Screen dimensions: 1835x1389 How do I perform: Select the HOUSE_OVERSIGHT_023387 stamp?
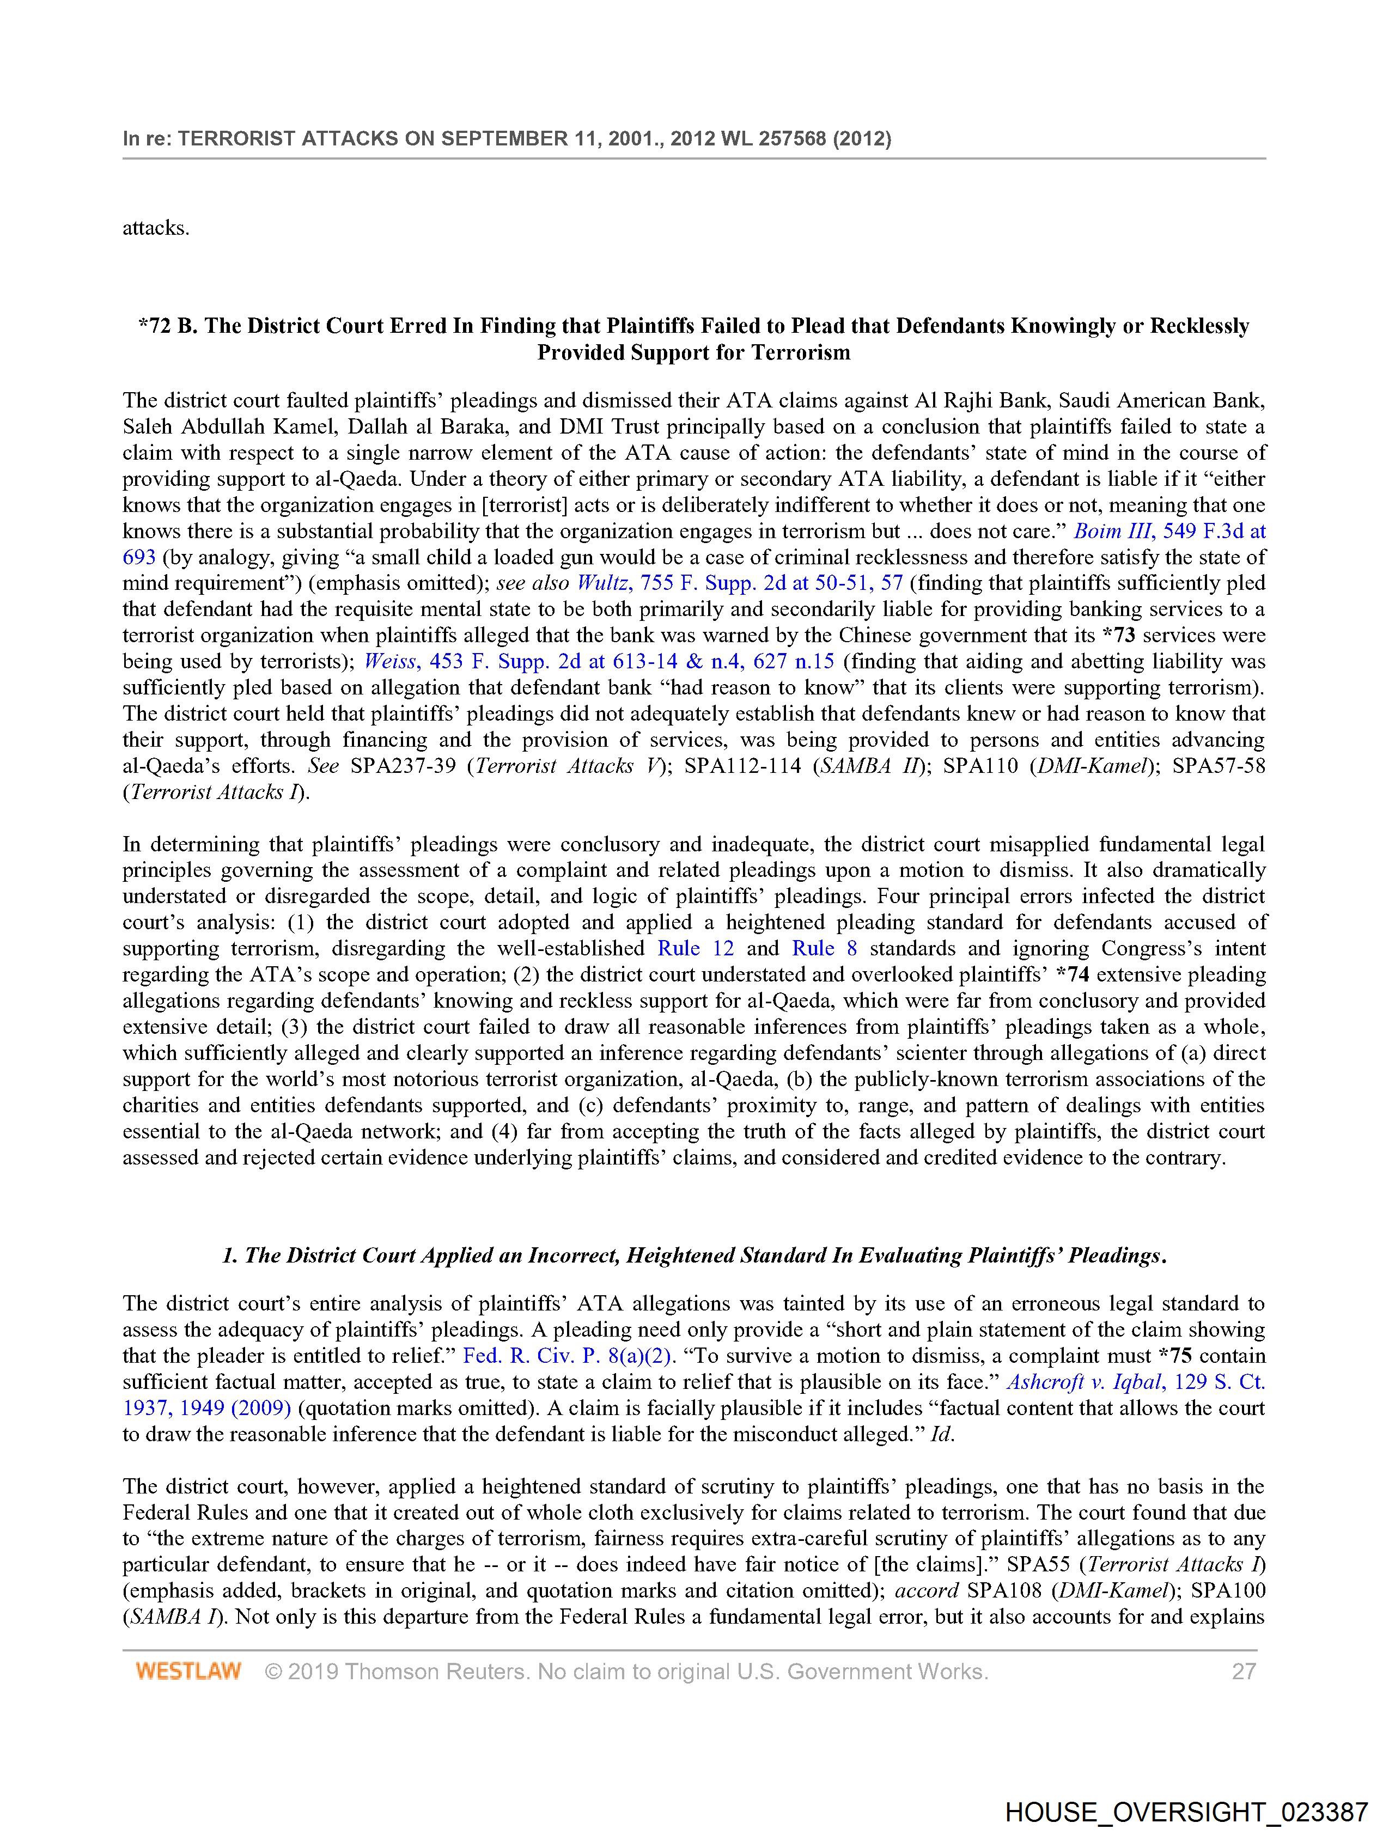coord(1186,1811)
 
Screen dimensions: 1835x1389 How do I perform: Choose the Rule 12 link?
coord(690,948)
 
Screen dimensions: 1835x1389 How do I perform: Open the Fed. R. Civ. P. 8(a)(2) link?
coord(566,1356)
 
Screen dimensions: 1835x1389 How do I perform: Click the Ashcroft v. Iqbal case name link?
coord(1083,1382)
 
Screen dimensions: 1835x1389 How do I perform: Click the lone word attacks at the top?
coord(156,228)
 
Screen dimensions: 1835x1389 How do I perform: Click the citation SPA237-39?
coord(403,766)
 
